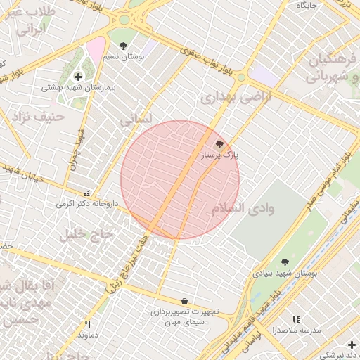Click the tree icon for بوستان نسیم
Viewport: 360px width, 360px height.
124,45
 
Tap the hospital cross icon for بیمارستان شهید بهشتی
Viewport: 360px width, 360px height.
77,76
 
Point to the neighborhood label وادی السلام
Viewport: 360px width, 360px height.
243,209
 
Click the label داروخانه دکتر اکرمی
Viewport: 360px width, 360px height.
89,204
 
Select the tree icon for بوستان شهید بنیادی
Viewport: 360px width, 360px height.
284,262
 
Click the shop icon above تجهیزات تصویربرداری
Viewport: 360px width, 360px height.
184,300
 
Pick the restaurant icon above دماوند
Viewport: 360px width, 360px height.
88,324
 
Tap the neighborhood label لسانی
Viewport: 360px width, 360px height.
136,120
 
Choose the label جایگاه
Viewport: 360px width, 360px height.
307,5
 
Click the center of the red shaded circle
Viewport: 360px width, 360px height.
180,180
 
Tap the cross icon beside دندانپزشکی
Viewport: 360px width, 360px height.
352,345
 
